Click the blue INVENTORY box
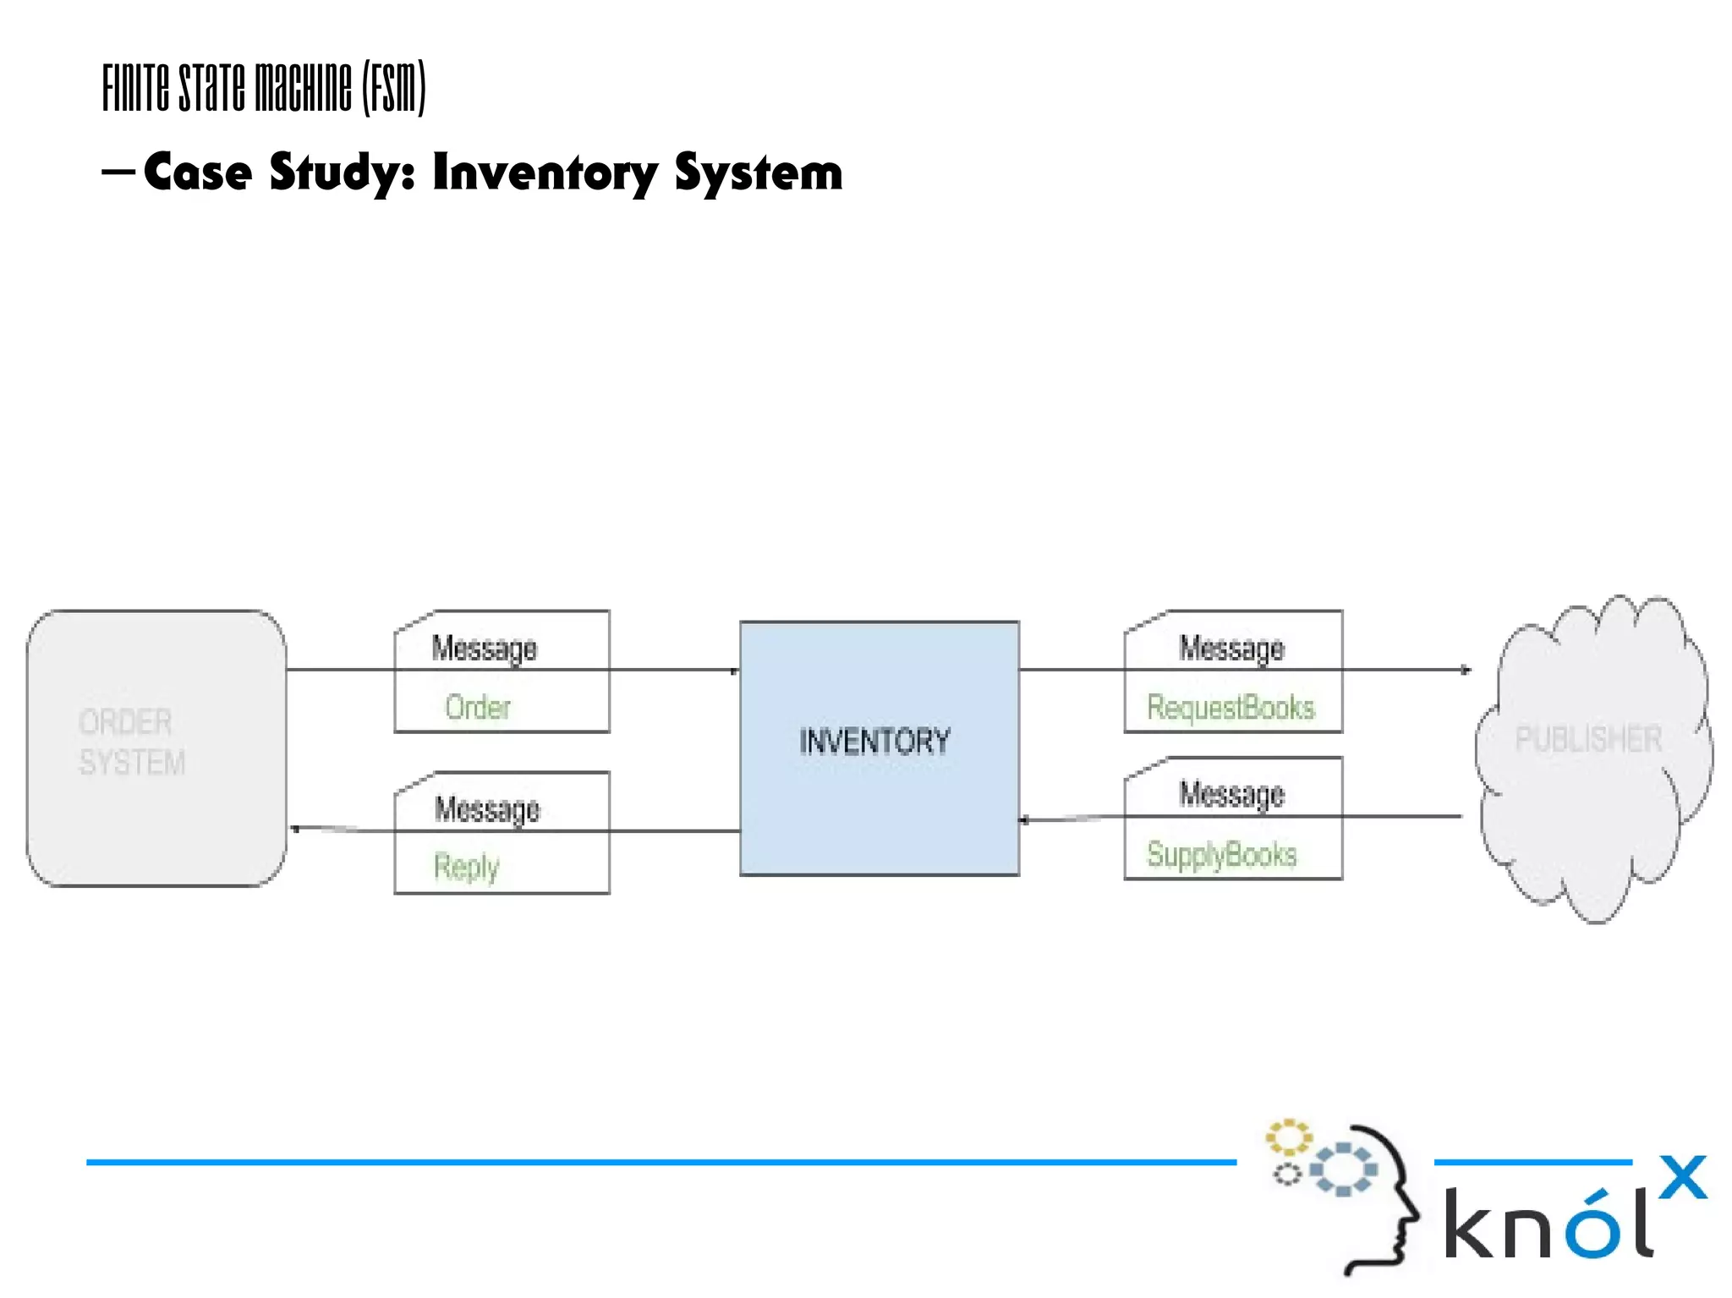(879, 748)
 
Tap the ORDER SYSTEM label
(131, 742)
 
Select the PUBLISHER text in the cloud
(1587, 739)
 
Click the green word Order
(478, 707)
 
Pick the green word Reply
(466, 867)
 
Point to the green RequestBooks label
(1230, 707)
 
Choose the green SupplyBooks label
(1221, 854)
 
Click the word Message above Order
(485, 649)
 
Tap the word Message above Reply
(487, 809)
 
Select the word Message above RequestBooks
(1231, 649)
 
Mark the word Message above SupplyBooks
(1231, 794)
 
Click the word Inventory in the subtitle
(545, 173)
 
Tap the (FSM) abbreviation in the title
(394, 87)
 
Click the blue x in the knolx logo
(1683, 1177)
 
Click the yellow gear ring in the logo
(1288, 1137)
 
